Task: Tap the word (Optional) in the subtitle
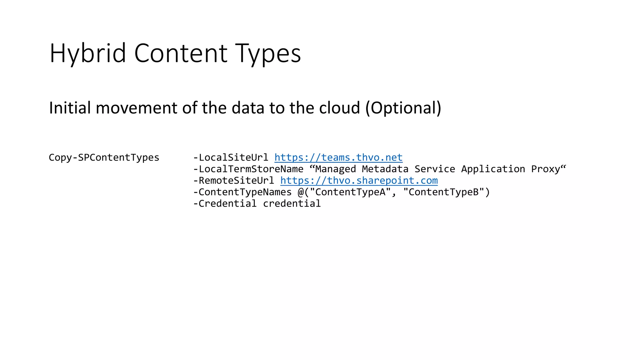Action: tap(403, 108)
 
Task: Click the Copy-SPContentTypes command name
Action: tap(104, 157)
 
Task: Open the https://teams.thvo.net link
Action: tap(338, 157)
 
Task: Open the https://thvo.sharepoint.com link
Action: tap(359, 181)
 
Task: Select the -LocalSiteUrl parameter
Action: tap(231, 157)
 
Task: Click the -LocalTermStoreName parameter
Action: tap(248, 169)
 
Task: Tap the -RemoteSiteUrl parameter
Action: tap(233, 181)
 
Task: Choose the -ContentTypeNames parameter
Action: tap(242, 192)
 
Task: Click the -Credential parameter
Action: tap(225, 204)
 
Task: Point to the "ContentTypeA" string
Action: tap(350, 192)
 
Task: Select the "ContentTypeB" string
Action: tap(443, 192)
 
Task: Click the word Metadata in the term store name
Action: tap(385, 169)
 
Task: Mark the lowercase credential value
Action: tap(292, 204)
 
